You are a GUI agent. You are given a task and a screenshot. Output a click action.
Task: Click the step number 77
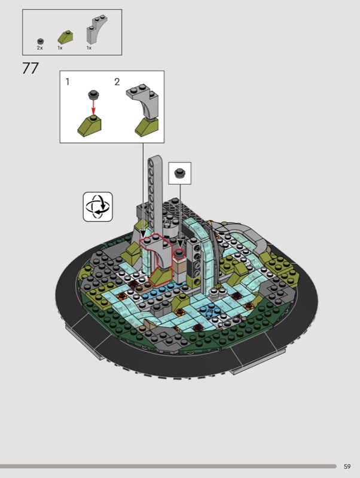[30, 68]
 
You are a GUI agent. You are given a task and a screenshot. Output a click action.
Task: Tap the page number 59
[347, 467]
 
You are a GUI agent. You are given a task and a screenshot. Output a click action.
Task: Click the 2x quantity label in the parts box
[40, 48]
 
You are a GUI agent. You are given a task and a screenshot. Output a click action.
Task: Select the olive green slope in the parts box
[65, 37]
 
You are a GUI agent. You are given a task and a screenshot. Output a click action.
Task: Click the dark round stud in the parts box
[40, 41]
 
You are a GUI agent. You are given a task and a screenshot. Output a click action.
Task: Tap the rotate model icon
[98, 207]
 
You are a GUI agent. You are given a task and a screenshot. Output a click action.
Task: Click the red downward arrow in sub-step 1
[94, 107]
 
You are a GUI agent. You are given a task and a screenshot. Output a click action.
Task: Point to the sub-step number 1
[68, 82]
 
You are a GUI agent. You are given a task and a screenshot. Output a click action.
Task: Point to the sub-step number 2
[117, 82]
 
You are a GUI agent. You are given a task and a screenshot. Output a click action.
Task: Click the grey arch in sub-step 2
[144, 101]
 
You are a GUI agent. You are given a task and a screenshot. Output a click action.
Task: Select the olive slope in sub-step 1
[89, 126]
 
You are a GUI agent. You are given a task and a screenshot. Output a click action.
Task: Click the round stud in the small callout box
[179, 173]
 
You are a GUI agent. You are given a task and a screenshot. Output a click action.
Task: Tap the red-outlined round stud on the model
[179, 253]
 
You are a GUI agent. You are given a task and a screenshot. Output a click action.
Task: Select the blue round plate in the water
[210, 310]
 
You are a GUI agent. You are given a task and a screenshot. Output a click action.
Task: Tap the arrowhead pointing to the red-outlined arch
[143, 234]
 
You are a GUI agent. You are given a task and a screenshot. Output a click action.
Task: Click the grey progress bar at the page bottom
[168, 467]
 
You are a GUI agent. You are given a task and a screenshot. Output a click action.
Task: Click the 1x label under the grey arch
[89, 48]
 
